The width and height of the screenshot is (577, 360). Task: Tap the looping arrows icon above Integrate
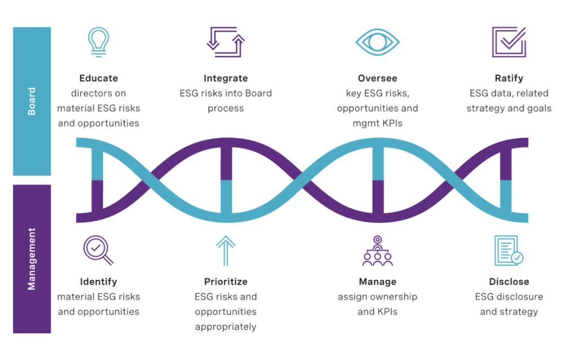pyautogui.click(x=225, y=41)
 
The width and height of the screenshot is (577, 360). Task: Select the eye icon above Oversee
pyautogui.click(x=377, y=42)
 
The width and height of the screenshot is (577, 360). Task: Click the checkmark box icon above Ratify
pyautogui.click(x=509, y=42)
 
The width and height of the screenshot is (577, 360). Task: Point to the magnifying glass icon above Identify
pyautogui.click(x=98, y=250)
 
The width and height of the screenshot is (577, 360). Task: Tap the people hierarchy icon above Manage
pyautogui.click(x=377, y=251)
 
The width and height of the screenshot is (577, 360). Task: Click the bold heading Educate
pyautogui.click(x=99, y=78)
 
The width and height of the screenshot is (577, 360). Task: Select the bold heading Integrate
pyautogui.click(x=225, y=78)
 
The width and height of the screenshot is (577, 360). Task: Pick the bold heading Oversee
pyautogui.click(x=377, y=78)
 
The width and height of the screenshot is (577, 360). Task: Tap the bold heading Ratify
pyautogui.click(x=509, y=78)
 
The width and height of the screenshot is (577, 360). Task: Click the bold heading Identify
pyautogui.click(x=99, y=281)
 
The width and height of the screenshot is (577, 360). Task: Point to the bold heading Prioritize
pyautogui.click(x=225, y=281)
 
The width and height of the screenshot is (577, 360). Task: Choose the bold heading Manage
pyautogui.click(x=377, y=281)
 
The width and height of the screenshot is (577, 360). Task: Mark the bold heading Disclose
pyautogui.click(x=509, y=281)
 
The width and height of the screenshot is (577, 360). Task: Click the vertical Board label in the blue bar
pyautogui.click(x=32, y=101)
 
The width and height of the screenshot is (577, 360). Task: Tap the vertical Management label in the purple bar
pyautogui.click(x=32, y=259)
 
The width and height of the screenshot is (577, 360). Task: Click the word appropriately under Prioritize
pyautogui.click(x=225, y=326)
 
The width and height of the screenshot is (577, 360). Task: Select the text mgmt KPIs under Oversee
pyautogui.click(x=377, y=123)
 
